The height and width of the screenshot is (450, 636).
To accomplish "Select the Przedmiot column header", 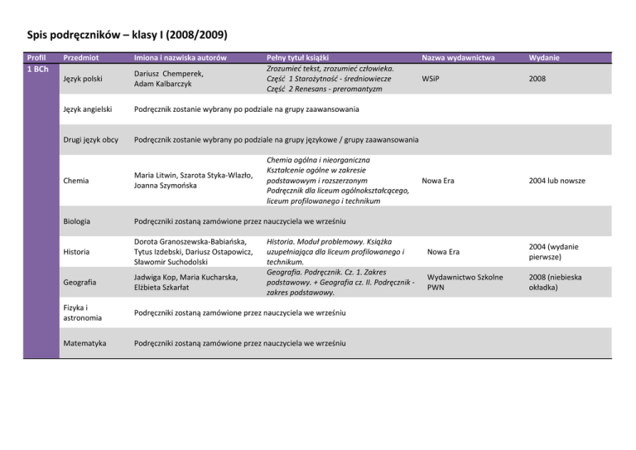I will pos(83,58).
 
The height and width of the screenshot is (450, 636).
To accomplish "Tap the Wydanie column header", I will pos(543,58).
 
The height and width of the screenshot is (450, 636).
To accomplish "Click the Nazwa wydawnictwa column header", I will pos(458,58).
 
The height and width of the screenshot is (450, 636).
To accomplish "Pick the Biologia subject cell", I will pos(77,222).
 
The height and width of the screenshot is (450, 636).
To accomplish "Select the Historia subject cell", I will pos(77,251).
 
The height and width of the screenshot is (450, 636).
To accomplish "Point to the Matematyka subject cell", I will pos(84,343).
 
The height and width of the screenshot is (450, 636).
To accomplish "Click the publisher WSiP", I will pos(431,79).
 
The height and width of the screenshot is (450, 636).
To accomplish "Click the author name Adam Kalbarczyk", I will pos(169,85).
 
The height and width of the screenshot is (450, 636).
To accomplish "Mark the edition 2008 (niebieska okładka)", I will pos(555,282).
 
